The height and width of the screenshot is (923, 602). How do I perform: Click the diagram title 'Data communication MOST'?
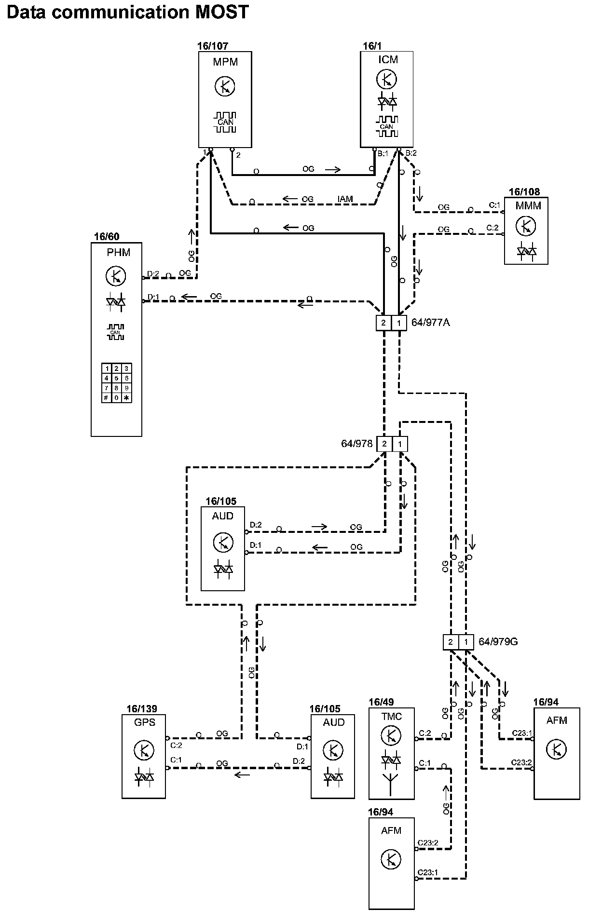[x=127, y=12]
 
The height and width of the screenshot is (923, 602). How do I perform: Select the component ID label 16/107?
[x=212, y=46]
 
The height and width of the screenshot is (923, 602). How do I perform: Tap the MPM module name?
[x=225, y=62]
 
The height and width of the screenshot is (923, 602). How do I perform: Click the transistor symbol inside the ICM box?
[x=386, y=79]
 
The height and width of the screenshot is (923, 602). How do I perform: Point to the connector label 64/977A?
[x=430, y=323]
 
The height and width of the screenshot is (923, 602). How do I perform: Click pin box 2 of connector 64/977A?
[x=383, y=323]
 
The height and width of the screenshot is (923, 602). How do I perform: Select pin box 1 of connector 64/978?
[x=400, y=444]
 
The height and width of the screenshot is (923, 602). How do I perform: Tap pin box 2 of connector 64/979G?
[x=451, y=642]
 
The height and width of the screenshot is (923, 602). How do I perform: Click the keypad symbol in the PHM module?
[x=116, y=383]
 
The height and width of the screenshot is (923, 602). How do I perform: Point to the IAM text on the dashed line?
[x=345, y=199]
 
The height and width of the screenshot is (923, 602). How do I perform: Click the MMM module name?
[x=528, y=206]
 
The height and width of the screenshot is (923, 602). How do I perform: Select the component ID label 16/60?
[x=107, y=237]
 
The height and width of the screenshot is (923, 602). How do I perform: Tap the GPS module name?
[x=145, y=722]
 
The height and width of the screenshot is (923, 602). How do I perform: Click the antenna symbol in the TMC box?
[x=390, y=783]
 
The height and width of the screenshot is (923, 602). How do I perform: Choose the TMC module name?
[x=391, y=716]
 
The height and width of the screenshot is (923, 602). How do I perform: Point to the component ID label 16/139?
[x=142, y=709]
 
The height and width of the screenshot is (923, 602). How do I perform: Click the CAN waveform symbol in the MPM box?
[x=225, y=122]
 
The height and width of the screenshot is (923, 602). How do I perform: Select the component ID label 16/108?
[x=524, y=192]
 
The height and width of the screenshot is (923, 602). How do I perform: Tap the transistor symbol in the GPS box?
[x=144, y=750]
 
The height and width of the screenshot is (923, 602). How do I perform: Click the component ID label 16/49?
[x=381, y=702]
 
